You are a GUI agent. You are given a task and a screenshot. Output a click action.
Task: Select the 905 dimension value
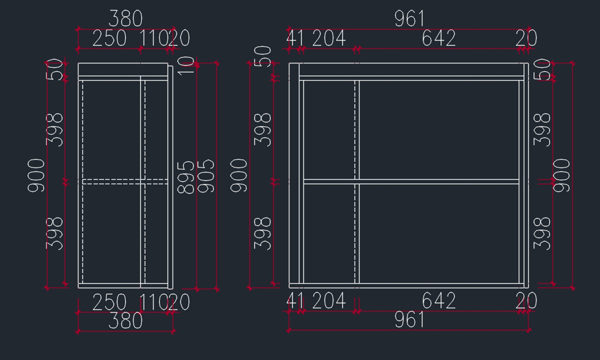point(206,176)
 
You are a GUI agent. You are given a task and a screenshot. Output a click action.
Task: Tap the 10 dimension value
point(186,65)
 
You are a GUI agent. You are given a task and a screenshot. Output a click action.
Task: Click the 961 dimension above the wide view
point(409,19)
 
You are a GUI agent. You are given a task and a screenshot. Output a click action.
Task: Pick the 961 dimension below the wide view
point(409,320)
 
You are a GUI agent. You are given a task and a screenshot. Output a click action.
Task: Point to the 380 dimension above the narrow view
point(125,19)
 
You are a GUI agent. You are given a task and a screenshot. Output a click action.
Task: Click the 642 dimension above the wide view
point(438,38)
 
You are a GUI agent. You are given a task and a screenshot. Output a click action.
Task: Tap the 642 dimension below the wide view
point(438,301)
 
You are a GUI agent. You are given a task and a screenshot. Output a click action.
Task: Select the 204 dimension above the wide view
point(329,38)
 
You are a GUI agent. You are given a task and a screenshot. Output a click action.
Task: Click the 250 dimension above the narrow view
point(109,38)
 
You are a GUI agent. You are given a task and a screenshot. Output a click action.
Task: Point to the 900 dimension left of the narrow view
point(36,175)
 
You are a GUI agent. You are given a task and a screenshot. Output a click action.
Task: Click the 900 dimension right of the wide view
point(561,175)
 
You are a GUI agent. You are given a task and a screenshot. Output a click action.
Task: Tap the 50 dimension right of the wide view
point(542,70)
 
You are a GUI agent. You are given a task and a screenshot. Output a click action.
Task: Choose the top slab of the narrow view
point(122,69)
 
